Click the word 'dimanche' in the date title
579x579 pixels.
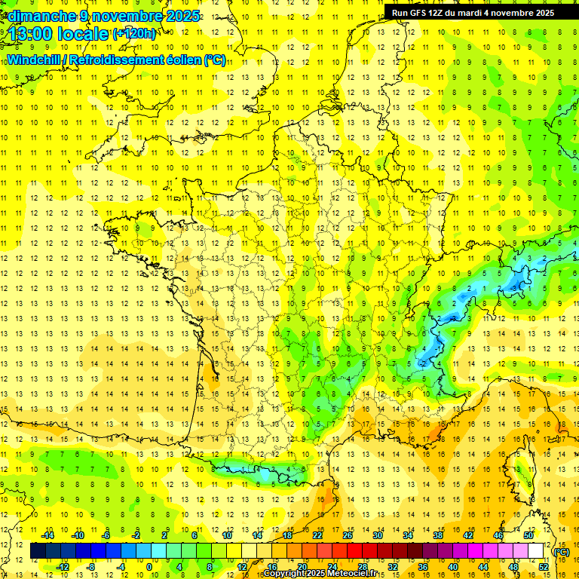tap(38, 16)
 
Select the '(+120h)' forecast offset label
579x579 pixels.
tap(134, 33)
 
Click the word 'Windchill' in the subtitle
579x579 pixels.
tap(36, 60)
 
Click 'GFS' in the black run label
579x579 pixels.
tap(427, 13)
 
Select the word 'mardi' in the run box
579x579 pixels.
tap(491, 13)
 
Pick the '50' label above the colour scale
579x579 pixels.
tap(528, 535)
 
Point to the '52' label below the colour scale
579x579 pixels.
tap(543, 567)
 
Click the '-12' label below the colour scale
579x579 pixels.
tap(63, 567)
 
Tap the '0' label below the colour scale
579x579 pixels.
tap(149, 567)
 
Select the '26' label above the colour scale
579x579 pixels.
tap(348, 535)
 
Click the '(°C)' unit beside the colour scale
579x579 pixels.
tap(562, 552)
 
